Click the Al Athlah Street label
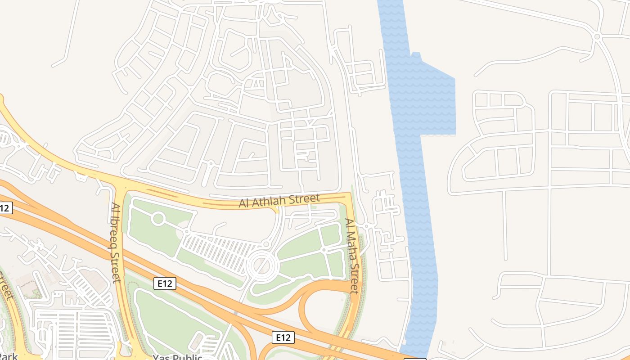(279, 201)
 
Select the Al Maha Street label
(353, 255)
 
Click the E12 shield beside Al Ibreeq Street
(165, 283)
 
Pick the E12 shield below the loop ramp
(283, 337)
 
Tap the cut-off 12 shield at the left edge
(5, 208)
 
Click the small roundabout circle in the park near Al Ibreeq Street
(158, 219)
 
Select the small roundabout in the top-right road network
(597, 36)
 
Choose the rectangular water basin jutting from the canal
(436, 106)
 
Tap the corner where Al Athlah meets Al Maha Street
(350, 194)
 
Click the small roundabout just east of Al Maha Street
(367, 225)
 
